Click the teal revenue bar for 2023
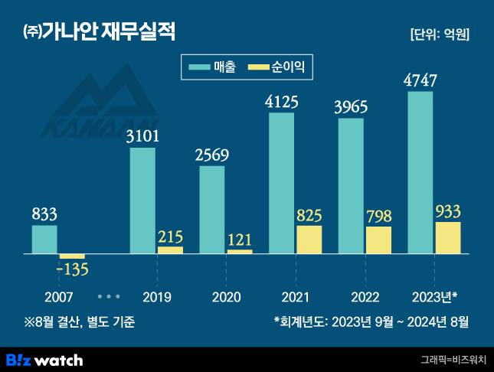click(x=420, y=172)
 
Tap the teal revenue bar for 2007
click(x=44, y=239)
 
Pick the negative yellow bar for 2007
click(x=72, y=256)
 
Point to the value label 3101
click(x=142, y=136)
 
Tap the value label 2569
click(x=212, y=155)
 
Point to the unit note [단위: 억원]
click(x=440, y=34)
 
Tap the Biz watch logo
click(x=44, y=359)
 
